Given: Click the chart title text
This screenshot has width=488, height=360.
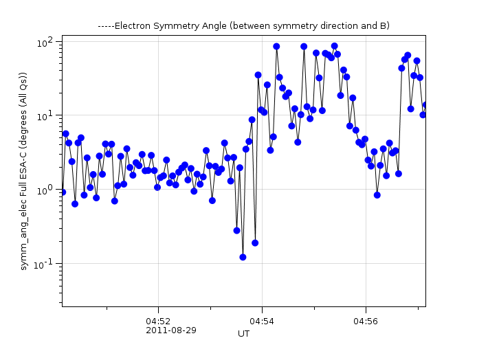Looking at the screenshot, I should pyautogui.click(x=244, y=26).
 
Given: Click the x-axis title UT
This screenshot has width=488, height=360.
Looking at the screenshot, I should pyautogui.click(x=243, y=334).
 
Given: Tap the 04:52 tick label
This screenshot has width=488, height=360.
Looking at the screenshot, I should pyautogui.click(x=158, y=321).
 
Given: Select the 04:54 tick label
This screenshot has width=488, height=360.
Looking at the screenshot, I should pyautogui.click(x=262, y=321).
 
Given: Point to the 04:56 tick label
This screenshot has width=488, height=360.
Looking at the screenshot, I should pyautogui.click(x=366, y=321).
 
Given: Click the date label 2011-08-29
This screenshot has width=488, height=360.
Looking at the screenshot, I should pyautogui.click(x=171, y=330).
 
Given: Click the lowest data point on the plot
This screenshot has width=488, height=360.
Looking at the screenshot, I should pyautogui.click(x=243, y=257).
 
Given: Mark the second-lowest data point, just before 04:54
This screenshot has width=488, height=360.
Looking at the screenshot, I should pyautogui.click(x=255, y=243).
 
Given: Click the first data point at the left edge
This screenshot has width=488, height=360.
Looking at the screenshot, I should pyautogui.click(x=63, y=192).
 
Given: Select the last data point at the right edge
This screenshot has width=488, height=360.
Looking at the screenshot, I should pyautogui.click(x=425, y=105).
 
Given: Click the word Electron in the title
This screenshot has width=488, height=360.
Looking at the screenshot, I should pyautogui.click(x=131, y=26).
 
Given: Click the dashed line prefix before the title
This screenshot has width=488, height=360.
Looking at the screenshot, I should pyautogui.click(x=106, y=26).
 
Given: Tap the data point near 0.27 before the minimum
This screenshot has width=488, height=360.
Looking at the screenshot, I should pyautogui.click(x=236, y=231).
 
